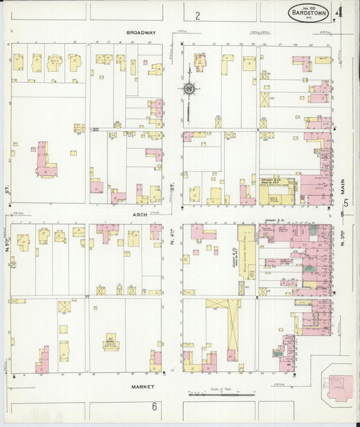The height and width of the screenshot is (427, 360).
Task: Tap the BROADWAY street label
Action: [x=140, y=32]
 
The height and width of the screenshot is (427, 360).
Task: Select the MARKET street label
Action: [x=143, y=386]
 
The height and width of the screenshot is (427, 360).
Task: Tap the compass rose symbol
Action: [x=190, y=89]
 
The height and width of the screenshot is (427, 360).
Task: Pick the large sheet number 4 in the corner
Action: [x=345, y=11]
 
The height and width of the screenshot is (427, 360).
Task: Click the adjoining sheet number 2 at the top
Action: [x=198, y=16]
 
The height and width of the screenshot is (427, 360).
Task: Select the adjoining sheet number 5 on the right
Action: [x=345, y=202]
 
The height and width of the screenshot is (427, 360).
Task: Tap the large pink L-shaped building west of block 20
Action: [x=47, y=160]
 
